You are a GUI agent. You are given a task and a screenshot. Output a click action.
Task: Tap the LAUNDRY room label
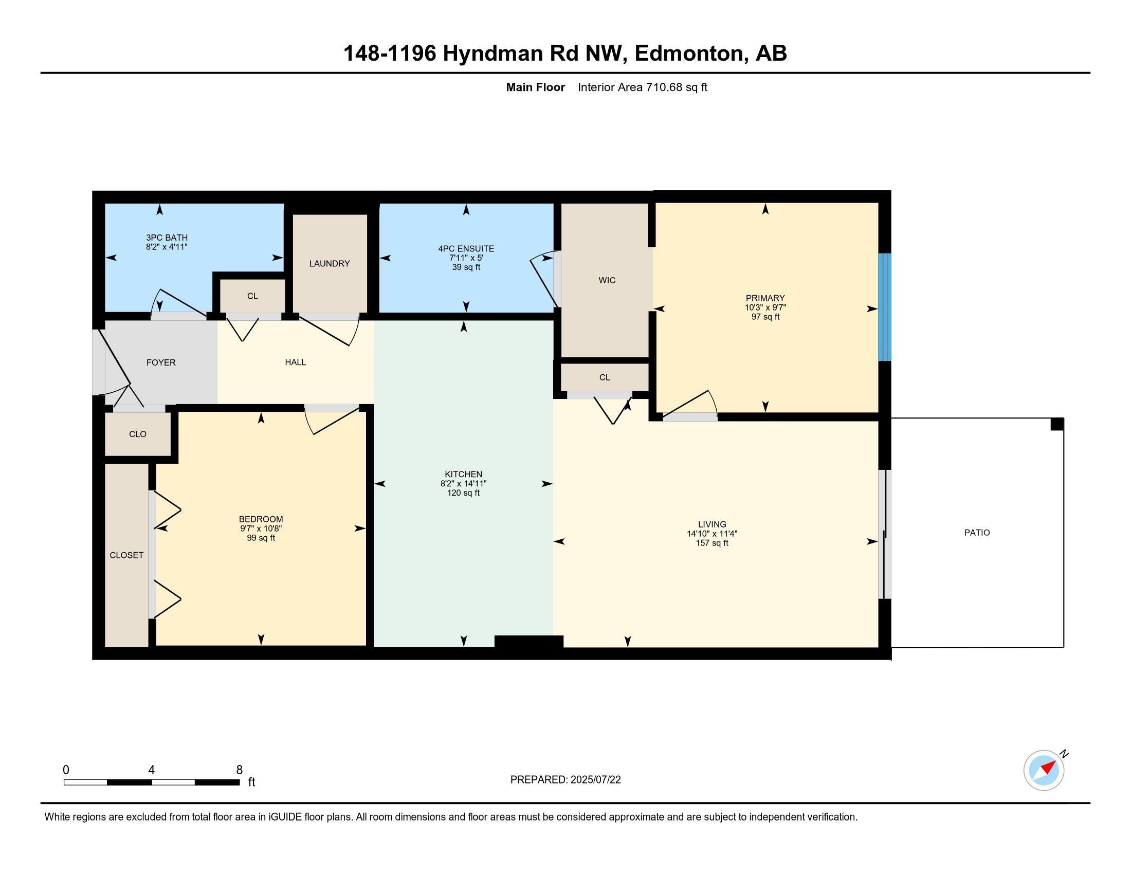pyautogui.click(x=330, y=264)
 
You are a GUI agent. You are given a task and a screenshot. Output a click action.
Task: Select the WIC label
pyautogui.click(x=607, y=280)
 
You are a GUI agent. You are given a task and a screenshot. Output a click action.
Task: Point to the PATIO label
pyautogui.click(x=977, y=532)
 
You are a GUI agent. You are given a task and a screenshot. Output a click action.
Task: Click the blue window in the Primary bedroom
pyautogui.click(x=885, y=307)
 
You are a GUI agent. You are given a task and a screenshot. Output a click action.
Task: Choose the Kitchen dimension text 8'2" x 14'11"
pyautogui.click(x=464, y=484)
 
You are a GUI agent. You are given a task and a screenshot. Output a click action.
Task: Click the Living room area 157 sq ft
pyautogui.click(x=712, y=543)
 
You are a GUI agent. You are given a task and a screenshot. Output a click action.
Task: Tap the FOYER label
pyautogui.click(x=161, y=362)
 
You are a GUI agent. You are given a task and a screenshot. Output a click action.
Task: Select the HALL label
pyautogui.click(x=295, y=362)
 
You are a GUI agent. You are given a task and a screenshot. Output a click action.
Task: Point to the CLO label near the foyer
pyautogui.click(x=138, y=434)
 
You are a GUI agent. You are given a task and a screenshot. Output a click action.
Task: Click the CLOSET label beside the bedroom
pyautogui.click(x=126, y=555)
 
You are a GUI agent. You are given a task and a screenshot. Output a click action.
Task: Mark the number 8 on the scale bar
pyautogui.click(x=239, y=770)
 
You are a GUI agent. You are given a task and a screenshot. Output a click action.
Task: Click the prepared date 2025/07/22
pyautogui.click(x=595, y=780)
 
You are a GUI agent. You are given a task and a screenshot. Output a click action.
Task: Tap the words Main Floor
pyautogui.click(x=536, y=87)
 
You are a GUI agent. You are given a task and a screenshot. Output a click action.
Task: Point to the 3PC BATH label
pyautogui.click(x=167, y=238)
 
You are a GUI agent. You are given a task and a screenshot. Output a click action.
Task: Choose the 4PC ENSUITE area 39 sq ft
pyautogui.click(x=466, y=267)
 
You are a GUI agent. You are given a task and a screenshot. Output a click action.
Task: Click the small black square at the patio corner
pyautogui.click(x=1057, y=424)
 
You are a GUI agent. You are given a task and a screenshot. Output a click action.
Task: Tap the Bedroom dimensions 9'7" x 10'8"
pyautogui.click(x=261, y=529)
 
